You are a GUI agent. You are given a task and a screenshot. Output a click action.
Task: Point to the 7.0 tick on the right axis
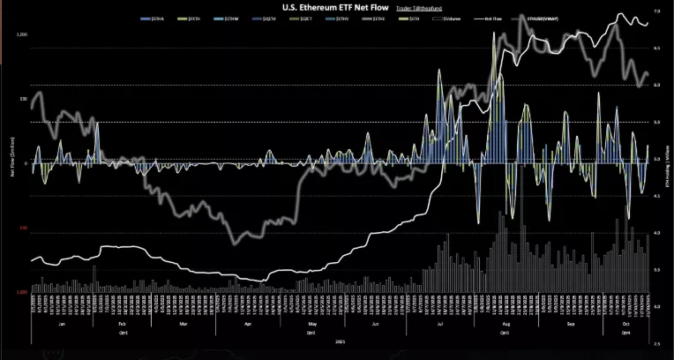657,11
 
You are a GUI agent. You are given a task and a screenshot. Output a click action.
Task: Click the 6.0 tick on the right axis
657,85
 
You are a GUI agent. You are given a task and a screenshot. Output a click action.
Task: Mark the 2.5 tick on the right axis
657,342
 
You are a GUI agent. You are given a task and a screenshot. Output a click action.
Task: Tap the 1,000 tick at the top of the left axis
22,34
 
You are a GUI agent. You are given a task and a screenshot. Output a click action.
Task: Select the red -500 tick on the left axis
22,228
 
